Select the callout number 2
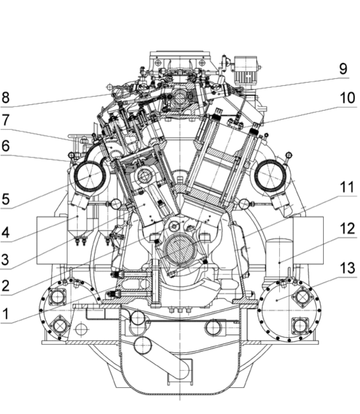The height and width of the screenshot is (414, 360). pos(5,285)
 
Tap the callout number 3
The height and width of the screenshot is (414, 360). pos(5,259)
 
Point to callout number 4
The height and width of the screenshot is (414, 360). pos(5,232)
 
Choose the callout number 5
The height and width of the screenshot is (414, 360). pos(5,199)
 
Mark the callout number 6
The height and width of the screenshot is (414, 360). pos(5,146)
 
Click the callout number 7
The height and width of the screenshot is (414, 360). pos(5,120)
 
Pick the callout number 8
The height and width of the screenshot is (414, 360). pos(5,97)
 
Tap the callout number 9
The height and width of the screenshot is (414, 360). pos(343,69)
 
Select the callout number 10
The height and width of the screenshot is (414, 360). pos(347,97)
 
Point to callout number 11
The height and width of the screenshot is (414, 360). pos(347,187)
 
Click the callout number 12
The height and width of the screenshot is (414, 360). pos(347,229)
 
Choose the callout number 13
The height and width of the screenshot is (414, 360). pos(347,268)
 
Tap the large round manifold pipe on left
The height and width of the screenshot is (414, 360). pos(90,176)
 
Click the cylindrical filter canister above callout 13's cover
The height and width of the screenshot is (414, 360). pos(280,259)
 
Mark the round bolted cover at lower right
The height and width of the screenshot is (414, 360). pos(289,311)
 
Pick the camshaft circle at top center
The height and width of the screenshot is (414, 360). pos(180,97)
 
